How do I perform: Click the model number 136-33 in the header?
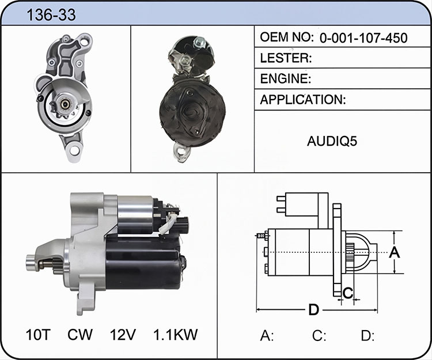51,15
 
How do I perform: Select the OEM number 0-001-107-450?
363,38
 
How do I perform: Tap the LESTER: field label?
286,58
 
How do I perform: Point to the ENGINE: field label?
286,79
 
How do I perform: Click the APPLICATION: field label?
303,100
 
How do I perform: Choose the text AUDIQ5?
332,141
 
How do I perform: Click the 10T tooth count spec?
38,335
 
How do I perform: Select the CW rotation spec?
80,335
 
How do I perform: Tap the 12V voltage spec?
123,335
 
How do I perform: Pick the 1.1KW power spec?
175,335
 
